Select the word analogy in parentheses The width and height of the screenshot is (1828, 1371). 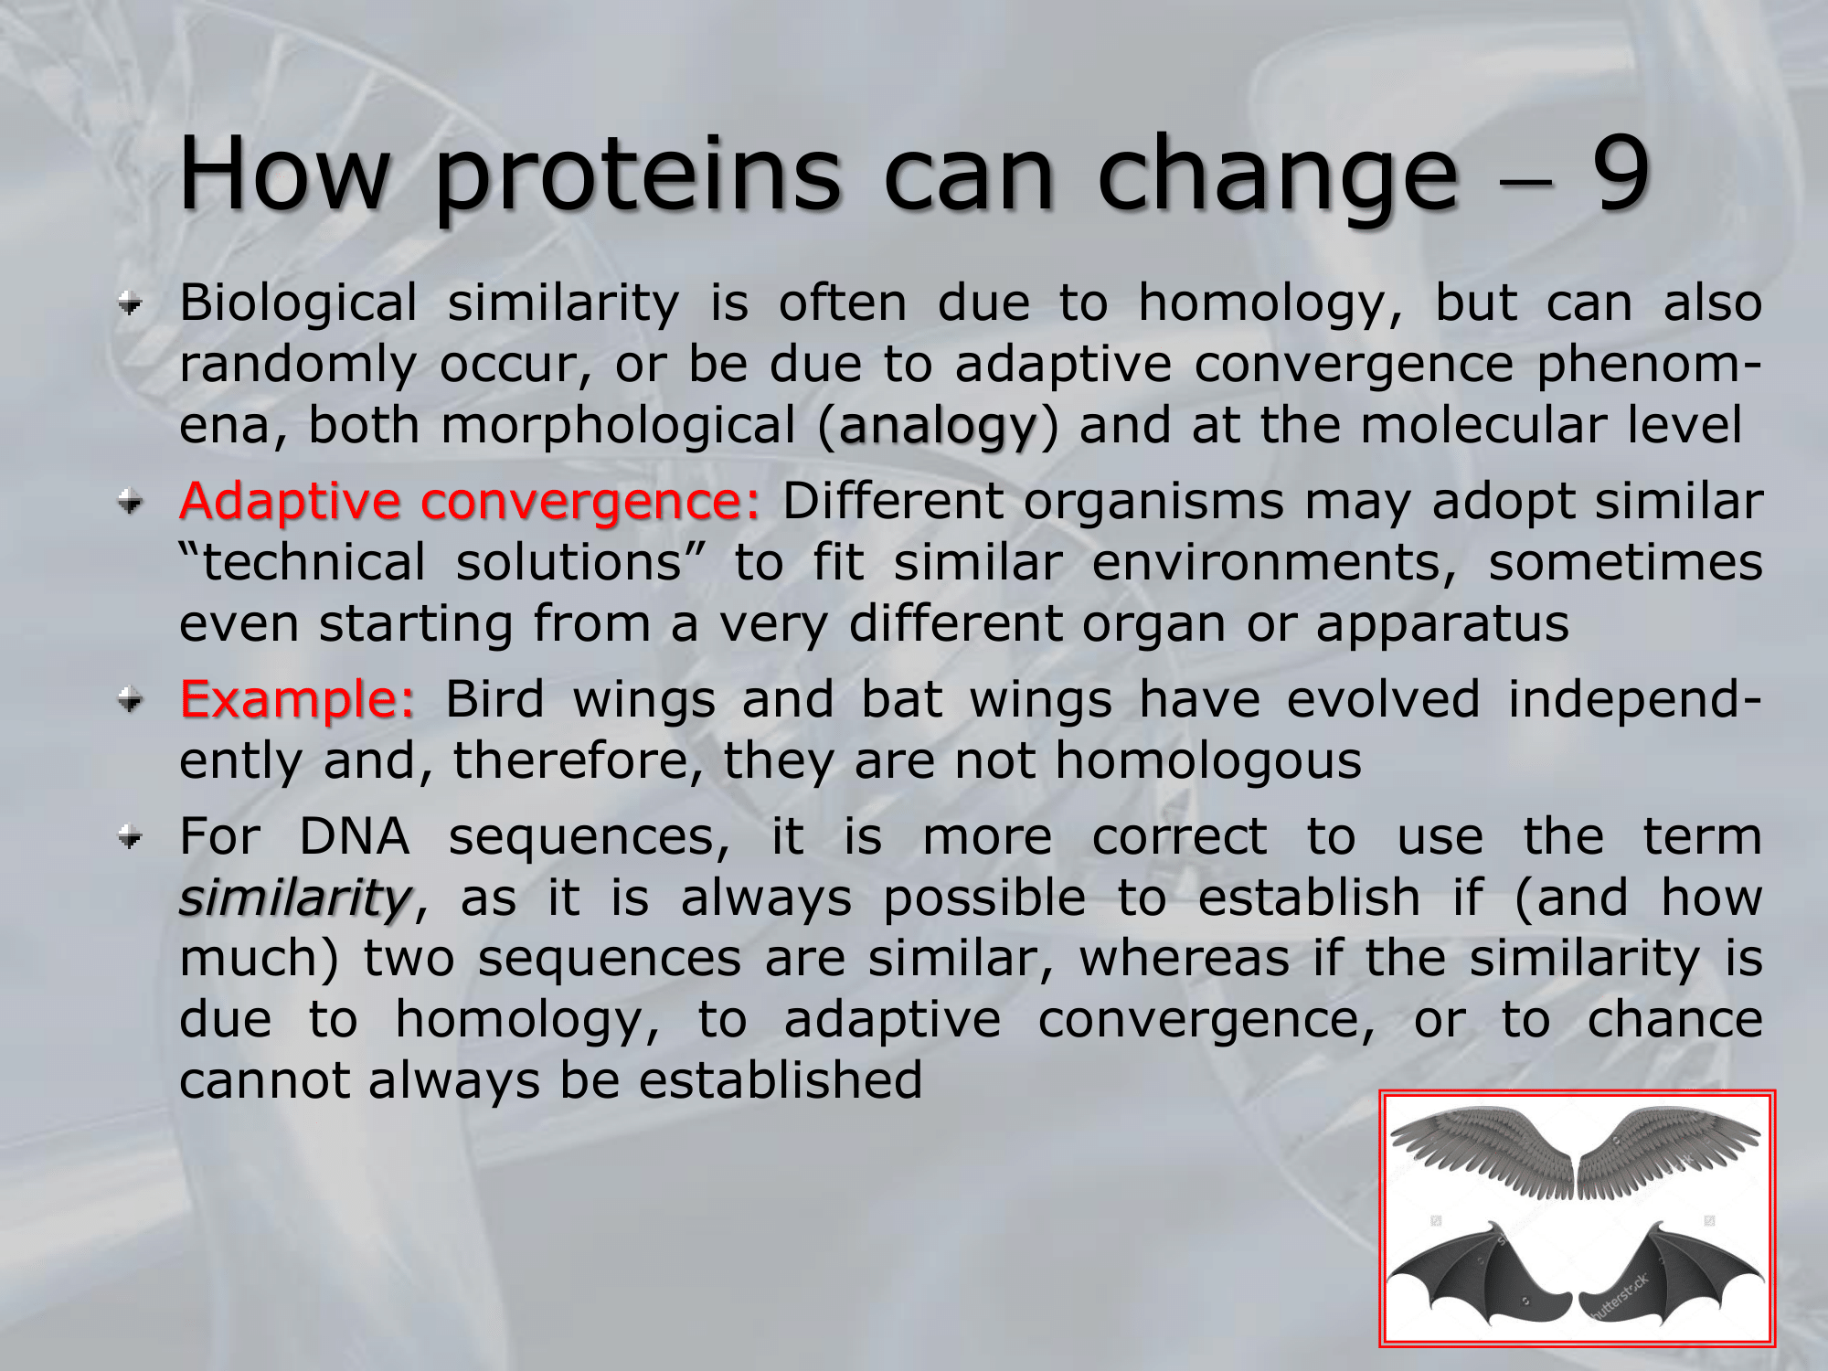click(938, 427)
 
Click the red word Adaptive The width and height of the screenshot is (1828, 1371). click(290, 502)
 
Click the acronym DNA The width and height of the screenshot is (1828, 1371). click(355, 836)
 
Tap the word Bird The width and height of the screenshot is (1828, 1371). click(494, 699)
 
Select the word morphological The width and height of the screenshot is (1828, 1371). click(618, 427)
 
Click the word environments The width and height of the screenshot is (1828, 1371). click(1274, 563)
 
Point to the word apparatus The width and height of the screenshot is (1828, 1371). click(1442, 625)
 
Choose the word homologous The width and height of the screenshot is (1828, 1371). click(1208, 761)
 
